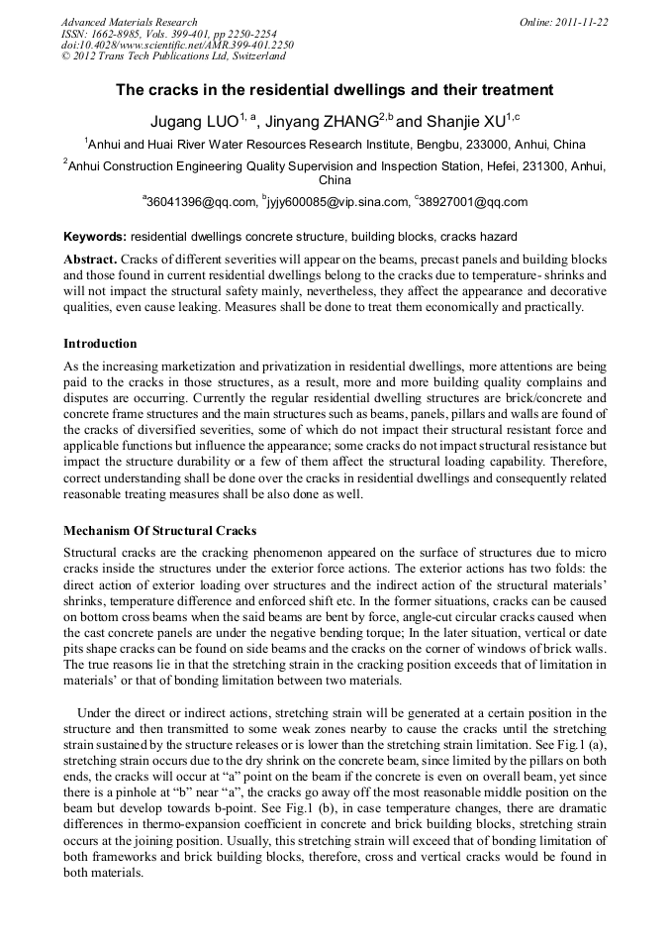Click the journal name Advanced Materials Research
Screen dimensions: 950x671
pyautogui.click(x=129, y=22)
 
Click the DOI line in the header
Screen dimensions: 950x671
pyautogui.click(x=177, y=46)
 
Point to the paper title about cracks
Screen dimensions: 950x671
pyautogui.click(x=335, y=90)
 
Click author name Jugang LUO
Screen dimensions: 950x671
pyautogui.click(x=194, y=123)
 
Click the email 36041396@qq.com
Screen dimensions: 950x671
pyautogui.click(x=201, y=202)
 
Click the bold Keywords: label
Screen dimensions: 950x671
pyautogui.click(x=95, y=238)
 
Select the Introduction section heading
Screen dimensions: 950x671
pyautogui.click(x=100, y=344)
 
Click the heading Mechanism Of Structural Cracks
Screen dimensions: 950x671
pyautogui.click(x=159, y=530)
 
